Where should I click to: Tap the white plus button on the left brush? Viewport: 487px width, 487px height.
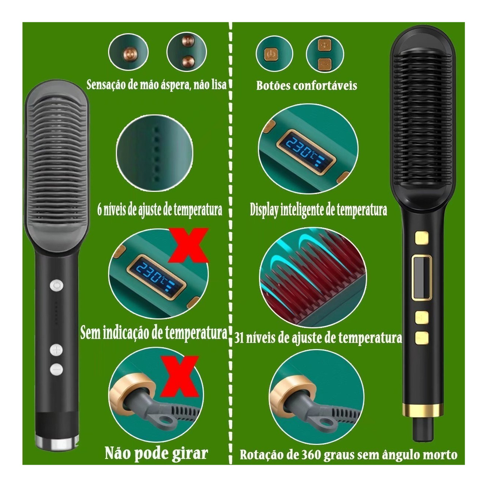click(56, 350)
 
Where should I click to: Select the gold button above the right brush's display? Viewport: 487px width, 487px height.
click(422, 238)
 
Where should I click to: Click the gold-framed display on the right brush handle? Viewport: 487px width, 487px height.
click(421, 277)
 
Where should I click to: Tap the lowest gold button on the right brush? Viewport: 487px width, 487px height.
click(422, 338)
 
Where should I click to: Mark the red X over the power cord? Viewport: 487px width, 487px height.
click(180, 376)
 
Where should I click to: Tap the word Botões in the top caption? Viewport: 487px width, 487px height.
click(273, 86)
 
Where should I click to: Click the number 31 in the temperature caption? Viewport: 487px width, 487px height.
click(239, 338)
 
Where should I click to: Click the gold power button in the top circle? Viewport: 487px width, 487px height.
click(271, 54)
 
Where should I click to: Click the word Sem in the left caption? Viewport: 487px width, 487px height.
click(89, 333)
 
